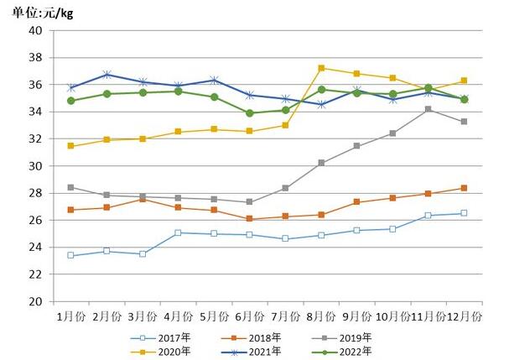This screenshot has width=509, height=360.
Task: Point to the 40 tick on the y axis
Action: coord(35,31)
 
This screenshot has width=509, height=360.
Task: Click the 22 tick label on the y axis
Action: coord(35,274)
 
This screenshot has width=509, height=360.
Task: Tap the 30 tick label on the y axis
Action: coord(35,166)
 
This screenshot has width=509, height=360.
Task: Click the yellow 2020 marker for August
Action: coord(321,68)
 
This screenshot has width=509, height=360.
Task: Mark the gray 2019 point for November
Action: coord(428,109)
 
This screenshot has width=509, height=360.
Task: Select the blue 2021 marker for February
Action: coord(106,75)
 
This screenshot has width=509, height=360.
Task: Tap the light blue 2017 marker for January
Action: coord(70,255)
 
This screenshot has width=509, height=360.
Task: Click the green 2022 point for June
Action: coord(250,113)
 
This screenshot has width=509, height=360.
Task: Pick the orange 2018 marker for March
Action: coord(143,199)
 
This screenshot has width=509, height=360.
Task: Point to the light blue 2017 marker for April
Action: coord(179,232)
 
